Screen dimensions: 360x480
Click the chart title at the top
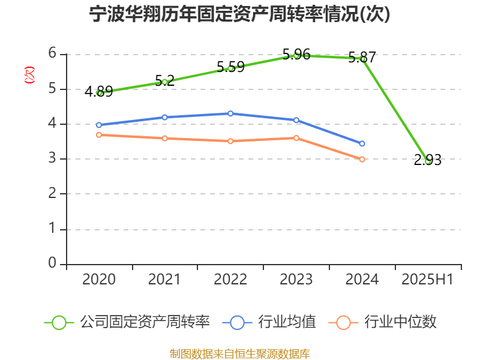click(x=239, y=14)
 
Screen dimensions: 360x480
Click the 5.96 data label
click(x=296, y=55)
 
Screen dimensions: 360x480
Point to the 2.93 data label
click(x=428, y=160)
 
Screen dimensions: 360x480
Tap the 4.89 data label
click(x=98, y=92)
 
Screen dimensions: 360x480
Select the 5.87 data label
click(x=362, y=58)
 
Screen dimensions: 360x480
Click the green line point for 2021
click(x=164, y=82)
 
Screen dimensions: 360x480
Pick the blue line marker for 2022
click(x=230, y=113)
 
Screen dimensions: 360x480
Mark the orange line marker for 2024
click(x=362, y=160)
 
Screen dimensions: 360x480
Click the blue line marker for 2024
click(x=362, y=144)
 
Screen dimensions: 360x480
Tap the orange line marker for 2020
click(x=98, y=135)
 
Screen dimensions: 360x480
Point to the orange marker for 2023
click(x=296, y=138)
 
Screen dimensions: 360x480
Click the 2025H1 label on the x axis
click(x=427, y=280)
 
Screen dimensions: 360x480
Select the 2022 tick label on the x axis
click(x=230, y=280)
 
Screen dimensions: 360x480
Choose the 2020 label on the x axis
click(x=98, y=280)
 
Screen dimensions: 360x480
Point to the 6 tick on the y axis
click(x=53, y=54)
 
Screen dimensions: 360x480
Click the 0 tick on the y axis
click(x=53, y=264)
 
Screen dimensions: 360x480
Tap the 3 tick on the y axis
click(x=53, y=159)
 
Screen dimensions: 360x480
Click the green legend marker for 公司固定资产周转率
click(x=59, y=322)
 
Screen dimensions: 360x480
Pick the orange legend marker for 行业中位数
click(x=343, y=322)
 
